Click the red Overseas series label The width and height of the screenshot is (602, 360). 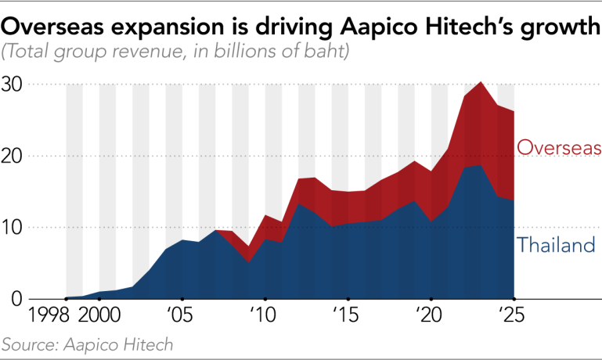[x=559, y=147]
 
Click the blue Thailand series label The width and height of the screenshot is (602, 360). [x=557, y=244]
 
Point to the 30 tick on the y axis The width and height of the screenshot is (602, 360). [x=12, y=85]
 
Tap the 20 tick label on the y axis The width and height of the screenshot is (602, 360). [x=12, y=157]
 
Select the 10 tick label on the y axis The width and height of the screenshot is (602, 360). [x=12, y=228]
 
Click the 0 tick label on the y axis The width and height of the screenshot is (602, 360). [x=17, y=299]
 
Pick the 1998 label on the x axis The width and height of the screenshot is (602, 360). [x=49, y=315]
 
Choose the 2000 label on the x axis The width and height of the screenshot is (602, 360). [x=100, y=315]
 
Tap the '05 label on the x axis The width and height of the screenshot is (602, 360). [x=180, y=315]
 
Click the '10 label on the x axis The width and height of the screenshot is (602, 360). [x=263, y=315]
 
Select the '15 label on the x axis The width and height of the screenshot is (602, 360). [x=346, y=315]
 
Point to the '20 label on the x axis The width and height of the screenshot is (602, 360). [x=429, y=315]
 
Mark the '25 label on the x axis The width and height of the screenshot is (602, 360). [x=511, y=315]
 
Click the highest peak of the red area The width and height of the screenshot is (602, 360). [x=481, y=81]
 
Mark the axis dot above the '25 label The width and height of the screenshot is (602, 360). [x=514, y=299]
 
